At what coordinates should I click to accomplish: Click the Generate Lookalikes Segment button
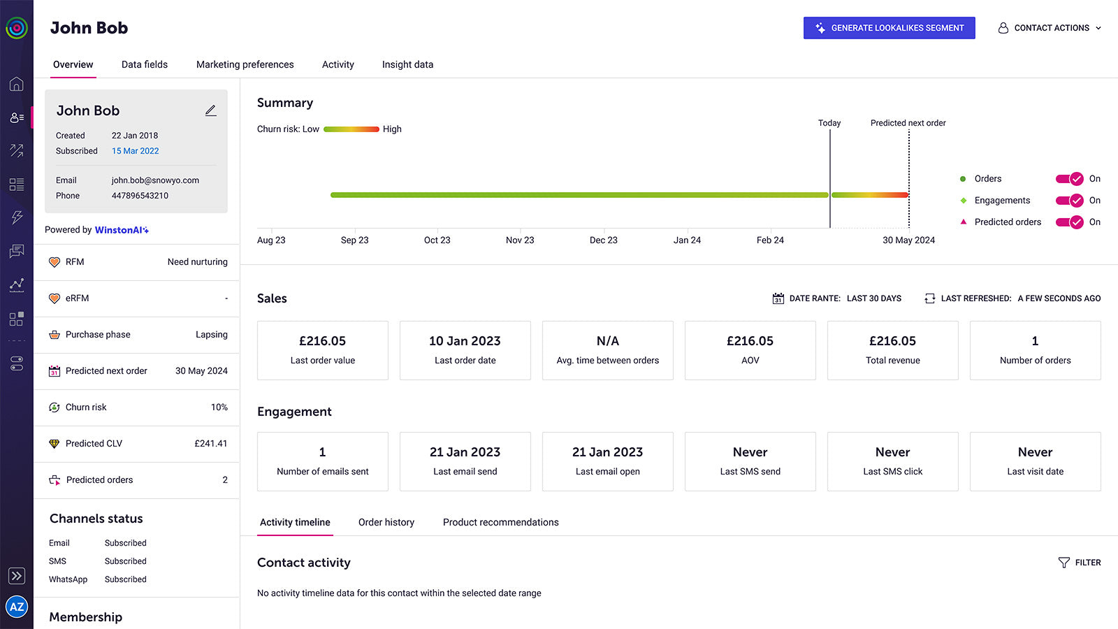tap(889, 28)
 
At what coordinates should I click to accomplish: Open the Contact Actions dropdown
tap(1050, 28)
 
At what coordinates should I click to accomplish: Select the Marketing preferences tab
tap(245, 64)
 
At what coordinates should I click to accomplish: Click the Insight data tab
tap(407, 64)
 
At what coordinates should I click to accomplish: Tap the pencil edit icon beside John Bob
tap(210, 110)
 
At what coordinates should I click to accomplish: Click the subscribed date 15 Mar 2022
tap(135, 151)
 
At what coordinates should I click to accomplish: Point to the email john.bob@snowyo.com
tap(155, 180)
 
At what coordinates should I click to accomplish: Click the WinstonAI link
tap(122, 230)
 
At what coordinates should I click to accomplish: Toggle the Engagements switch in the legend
tap(1069, 201)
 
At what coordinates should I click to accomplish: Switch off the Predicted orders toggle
tap(1069, 222)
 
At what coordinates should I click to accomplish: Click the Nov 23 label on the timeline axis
tap(520, 240)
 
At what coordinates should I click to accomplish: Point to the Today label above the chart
tap(829, 123)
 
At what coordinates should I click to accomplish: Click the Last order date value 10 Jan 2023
tap(465, 341)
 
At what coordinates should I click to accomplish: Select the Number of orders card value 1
tap(1035, 341)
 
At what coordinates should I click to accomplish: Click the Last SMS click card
tap(892, 461)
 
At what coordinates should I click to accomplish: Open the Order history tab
tap(386, 522)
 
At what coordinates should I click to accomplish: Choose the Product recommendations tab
tap(500, 522)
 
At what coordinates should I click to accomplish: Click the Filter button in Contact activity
tap(1080, 563)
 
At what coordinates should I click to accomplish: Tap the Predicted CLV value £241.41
tap(210, 444)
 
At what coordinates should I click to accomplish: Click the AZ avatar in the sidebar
tap(17, 607)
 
